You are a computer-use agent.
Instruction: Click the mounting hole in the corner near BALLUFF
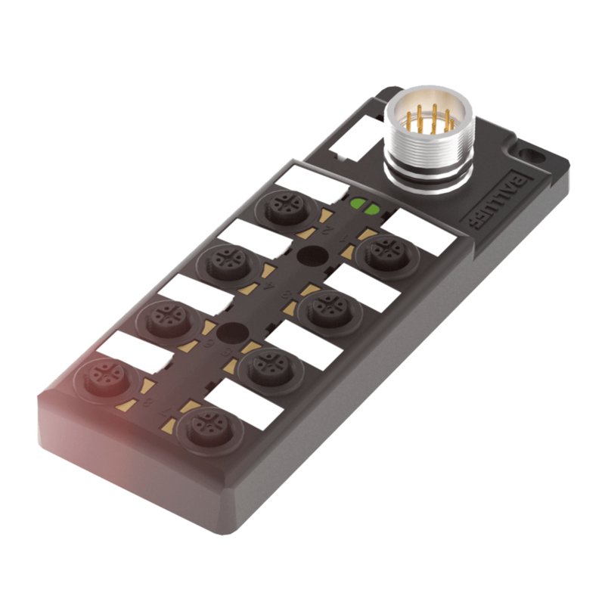point(535,156)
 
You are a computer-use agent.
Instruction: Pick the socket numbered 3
point(324,306)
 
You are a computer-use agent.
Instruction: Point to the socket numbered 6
point(163,317)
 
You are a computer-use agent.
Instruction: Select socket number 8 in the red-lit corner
point(101,376)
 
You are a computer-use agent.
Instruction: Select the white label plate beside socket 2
point(311,182)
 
